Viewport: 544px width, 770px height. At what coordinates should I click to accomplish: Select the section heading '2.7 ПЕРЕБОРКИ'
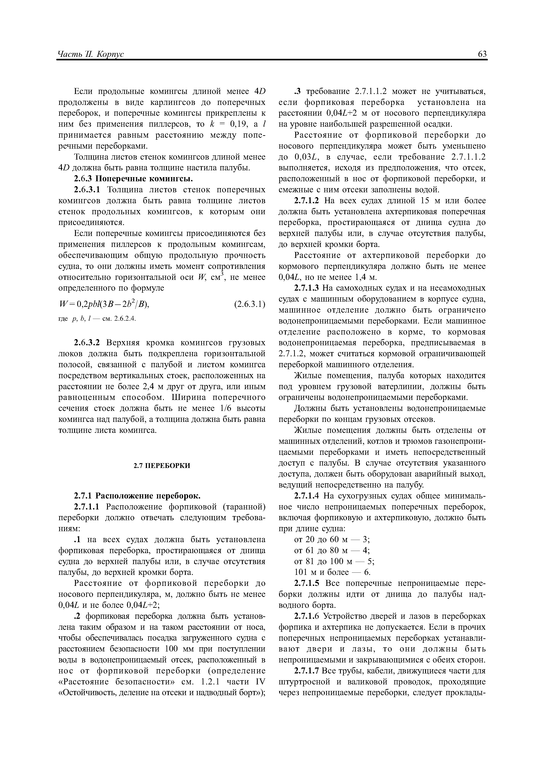click(162, 466)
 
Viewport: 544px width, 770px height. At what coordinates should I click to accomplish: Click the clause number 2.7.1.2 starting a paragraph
click(307, 201)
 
